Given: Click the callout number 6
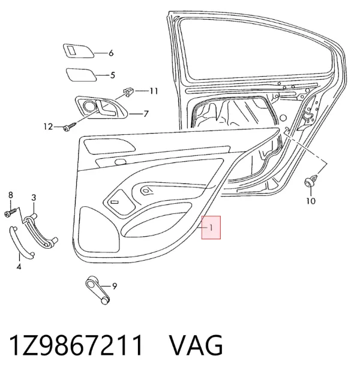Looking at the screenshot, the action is click(111, 53).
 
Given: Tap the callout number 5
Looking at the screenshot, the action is click(113, 76).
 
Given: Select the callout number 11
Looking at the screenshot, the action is click(154, 91).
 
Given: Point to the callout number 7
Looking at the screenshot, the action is click(146, 114).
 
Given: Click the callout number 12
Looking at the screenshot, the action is click(48, 126).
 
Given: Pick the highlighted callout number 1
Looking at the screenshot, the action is click(211, 227).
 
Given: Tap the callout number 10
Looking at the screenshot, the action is click(311, 201).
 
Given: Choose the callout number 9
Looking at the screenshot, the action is click(115, 286).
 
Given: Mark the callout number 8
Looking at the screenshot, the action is click(11, 195).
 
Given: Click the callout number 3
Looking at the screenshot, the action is click(34, 198).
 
